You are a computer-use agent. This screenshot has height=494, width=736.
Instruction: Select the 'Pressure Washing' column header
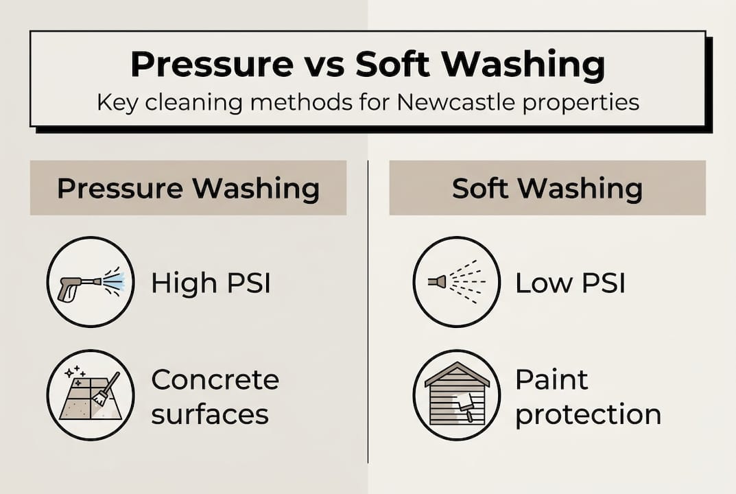188,189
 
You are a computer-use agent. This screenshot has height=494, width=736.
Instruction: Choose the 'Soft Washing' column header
547,189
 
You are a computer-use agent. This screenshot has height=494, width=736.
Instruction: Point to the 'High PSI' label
211,283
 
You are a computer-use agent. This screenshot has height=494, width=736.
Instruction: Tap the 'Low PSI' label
570,283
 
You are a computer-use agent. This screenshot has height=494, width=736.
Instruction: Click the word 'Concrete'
215,379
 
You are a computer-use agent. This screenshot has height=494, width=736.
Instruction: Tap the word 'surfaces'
209,414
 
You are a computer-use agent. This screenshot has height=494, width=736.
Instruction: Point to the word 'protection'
588,414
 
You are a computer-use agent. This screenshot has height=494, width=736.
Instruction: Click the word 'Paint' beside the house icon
551,379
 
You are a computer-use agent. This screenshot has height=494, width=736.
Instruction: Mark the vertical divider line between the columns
368,309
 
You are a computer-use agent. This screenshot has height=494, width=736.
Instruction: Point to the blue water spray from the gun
115,281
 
